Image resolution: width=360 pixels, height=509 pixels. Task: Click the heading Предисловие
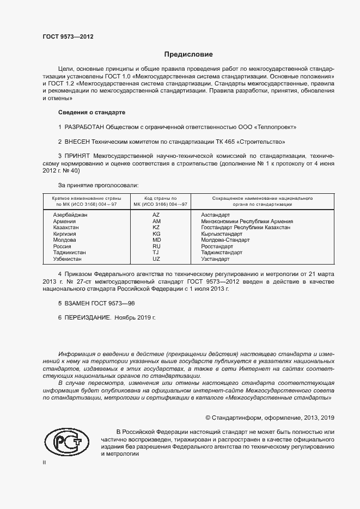point(188,54)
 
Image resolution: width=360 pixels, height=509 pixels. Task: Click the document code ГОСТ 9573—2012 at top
point(68,37)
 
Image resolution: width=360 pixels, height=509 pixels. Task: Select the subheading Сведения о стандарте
point(91,112)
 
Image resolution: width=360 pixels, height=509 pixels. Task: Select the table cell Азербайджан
point(70,216)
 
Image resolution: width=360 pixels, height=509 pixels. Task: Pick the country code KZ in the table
point(156,228)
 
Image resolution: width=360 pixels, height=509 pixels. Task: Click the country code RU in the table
point(156,247)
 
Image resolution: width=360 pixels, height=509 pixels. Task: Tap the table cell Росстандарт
point(217,247)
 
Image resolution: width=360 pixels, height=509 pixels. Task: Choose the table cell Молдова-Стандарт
point(225,240)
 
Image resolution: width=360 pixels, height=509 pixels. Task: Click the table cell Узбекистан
point(68,259)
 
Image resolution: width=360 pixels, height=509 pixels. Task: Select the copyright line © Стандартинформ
point(270,418)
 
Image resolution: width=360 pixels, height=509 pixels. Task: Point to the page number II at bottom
point(45,462)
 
